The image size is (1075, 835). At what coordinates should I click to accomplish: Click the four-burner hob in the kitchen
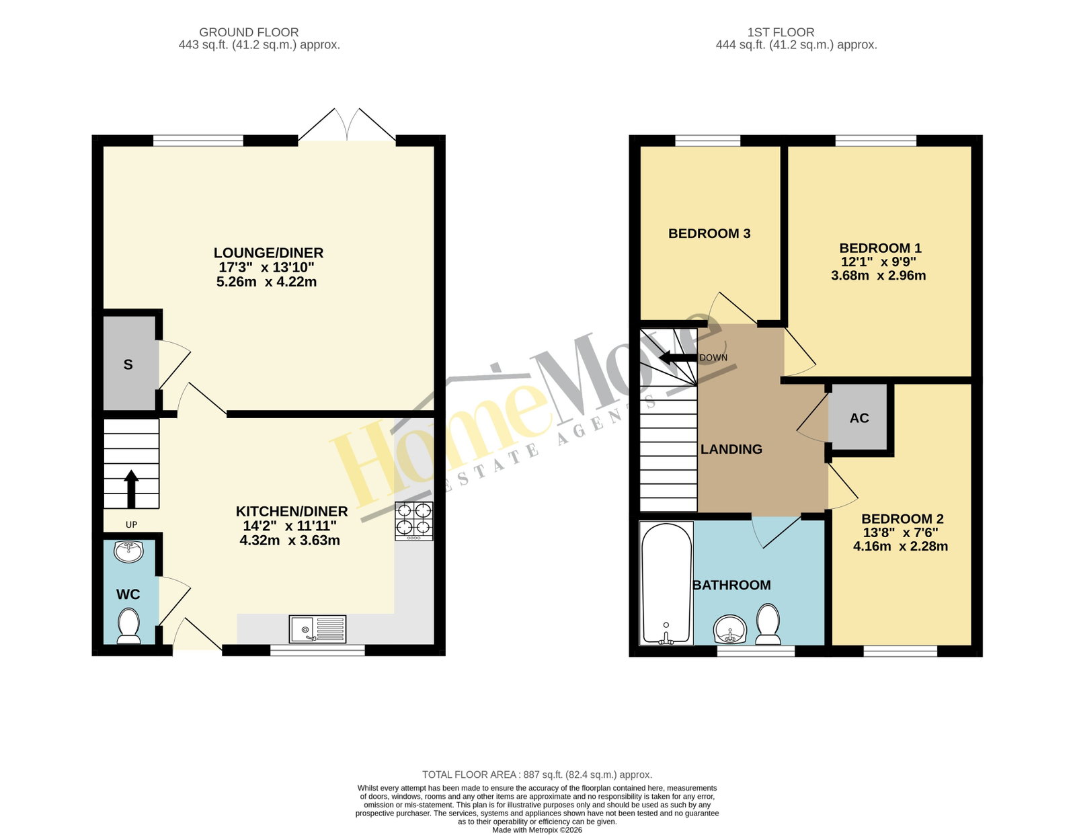[413, 521]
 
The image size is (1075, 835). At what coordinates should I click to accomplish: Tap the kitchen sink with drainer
[317, 628]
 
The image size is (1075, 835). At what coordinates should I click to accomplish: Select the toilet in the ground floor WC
[128, 626]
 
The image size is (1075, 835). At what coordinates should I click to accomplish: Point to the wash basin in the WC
[128, 551]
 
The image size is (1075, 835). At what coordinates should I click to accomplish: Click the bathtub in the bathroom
[666, 583]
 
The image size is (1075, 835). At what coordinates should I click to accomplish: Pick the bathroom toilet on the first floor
[768, 625]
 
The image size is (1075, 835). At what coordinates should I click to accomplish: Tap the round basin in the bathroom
[730, 629]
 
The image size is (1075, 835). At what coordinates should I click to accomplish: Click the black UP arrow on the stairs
[131, 489]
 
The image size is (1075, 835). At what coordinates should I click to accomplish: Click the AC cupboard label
[859, 418]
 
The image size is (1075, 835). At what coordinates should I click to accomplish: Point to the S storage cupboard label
[128, 364]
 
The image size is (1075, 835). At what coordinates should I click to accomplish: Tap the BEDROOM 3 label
[709, 233]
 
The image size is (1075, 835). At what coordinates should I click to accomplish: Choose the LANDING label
[731, 449]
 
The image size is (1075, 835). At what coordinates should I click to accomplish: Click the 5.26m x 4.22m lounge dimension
[267, 282]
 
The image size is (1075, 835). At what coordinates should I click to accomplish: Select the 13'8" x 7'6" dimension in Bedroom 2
[900, 532]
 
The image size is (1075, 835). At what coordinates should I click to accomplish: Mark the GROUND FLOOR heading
[249, 32]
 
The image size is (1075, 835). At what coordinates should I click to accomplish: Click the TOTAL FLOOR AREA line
[537, 774]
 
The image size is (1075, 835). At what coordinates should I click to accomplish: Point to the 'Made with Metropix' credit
[537, 830]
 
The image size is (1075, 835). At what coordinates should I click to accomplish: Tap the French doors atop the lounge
[347, 124]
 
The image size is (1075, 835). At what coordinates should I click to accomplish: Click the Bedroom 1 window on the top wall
[875, 141]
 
